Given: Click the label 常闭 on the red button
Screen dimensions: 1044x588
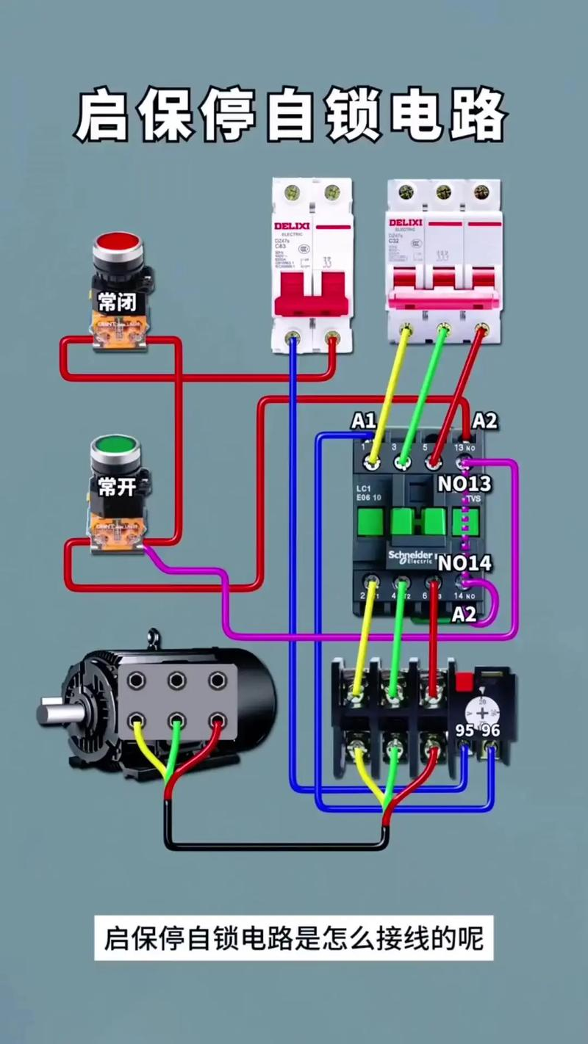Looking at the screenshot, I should (x=118, y=300).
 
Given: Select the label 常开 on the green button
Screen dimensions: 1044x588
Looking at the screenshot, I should (x=117, y=486).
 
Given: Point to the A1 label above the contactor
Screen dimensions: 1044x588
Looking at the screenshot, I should (x=363, y=421).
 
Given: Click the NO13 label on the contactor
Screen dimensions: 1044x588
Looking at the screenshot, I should (x=465, y=484).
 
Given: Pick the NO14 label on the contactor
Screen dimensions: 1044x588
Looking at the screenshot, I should (x=465, y=563).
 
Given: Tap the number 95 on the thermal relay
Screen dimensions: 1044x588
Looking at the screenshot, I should (x=465, y=731).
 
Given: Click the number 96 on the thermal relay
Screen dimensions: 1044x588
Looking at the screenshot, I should (x=490, y=731).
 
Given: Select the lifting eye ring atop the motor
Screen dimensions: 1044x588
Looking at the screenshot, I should (x=153, y=637).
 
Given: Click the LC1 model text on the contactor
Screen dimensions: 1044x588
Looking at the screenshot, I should (x=362, y=489).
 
